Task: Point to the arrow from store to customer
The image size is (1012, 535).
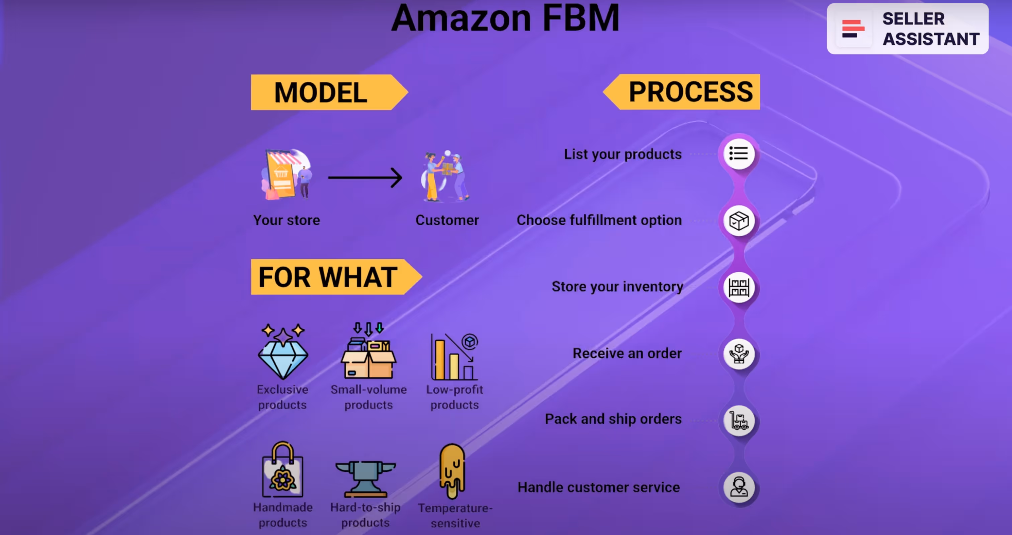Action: click(x=365, y=177)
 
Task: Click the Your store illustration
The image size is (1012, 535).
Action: click(x=286, y=175)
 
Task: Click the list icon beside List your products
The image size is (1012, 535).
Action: click(x=739, y=154)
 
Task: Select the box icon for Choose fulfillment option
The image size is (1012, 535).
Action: click(x=739, y=221)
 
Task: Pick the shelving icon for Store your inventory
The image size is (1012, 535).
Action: click(x=739, y=288)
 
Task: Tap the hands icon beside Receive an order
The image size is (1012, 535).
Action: click(x=739, y=354)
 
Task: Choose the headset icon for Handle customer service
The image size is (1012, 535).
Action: click(x=739, y=487)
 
